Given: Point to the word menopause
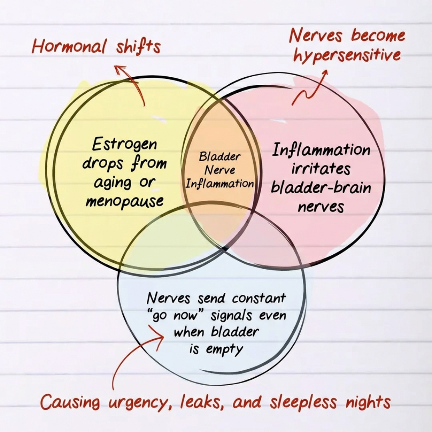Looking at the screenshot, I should pos(124,200).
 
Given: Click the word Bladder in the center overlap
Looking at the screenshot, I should pos(220,156).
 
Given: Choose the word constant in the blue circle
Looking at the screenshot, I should pos(259,298).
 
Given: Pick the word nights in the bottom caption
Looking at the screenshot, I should pos(366,402).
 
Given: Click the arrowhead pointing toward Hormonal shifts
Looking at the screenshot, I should pos(120,69).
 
